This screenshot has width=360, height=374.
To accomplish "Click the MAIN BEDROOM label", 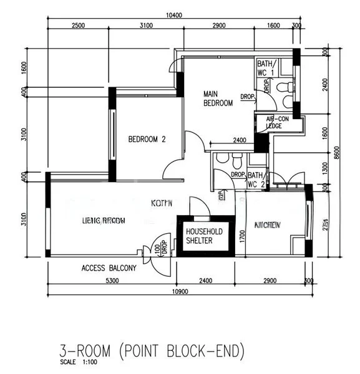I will (218, 98).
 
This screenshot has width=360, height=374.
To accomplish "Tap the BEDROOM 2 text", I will (147, 140).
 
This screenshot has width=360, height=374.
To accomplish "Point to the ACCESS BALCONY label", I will (109, 269).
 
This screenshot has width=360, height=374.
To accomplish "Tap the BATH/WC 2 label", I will (256, 180).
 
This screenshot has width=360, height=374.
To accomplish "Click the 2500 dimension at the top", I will (78, 26).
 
